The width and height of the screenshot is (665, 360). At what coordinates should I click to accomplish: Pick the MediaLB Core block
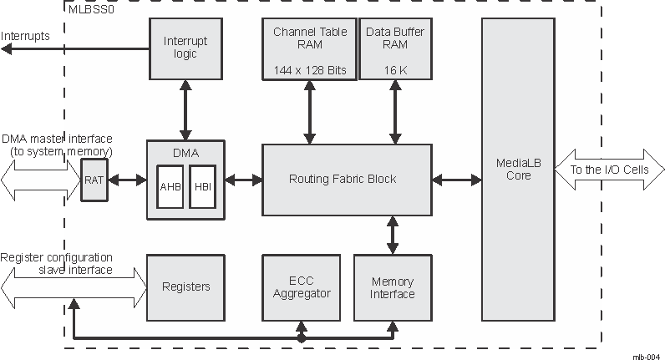coord(518,170)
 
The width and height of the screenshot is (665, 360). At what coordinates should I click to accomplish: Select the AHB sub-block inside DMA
coord(170,186)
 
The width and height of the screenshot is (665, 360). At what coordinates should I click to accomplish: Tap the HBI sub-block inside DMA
coord(202,186)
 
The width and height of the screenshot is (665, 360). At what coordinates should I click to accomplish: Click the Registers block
coord(185,286)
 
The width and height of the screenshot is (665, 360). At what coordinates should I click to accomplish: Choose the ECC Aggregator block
coord(302,286)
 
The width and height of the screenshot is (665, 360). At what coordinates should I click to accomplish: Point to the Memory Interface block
coord(392,286)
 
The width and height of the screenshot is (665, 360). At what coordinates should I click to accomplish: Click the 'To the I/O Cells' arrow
coord(607,170)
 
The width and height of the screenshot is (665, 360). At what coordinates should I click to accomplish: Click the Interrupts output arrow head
coord(7,49)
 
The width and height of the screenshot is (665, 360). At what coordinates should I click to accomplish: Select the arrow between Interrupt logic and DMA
coord(185,109)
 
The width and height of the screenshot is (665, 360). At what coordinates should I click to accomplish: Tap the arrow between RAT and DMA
coord(126,180)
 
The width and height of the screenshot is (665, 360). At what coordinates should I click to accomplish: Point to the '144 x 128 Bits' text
coord(309,70)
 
